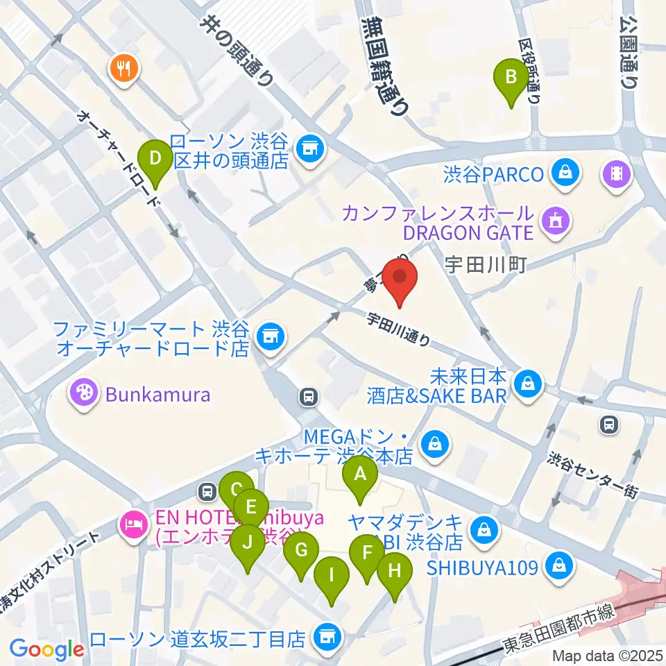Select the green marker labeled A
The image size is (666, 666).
[360, 476]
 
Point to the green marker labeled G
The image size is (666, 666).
[301, 552]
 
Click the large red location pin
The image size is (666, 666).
[400, 277]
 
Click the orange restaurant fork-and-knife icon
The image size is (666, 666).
[125, 67]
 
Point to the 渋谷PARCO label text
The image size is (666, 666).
[493, 173]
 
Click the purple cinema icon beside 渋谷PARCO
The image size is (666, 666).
[615, 173]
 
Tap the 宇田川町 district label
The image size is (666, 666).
[488, 264]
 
